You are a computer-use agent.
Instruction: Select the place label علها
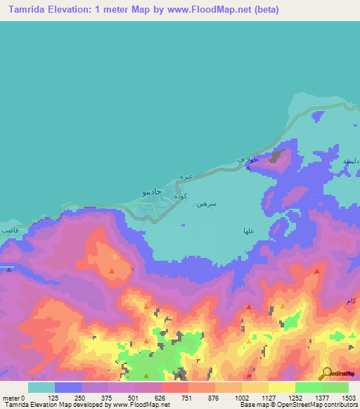[248, 230]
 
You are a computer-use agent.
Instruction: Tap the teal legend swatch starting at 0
[41, 387]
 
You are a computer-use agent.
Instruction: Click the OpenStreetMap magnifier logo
[326, 373]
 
